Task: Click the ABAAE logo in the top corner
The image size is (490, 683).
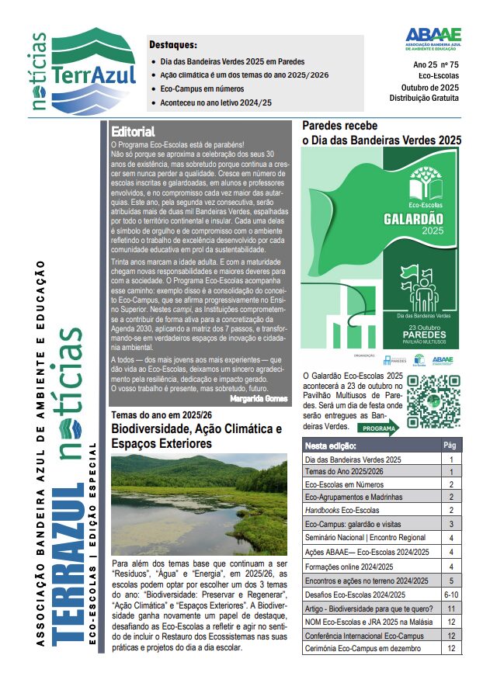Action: pyautogui.click(x=433, y=38)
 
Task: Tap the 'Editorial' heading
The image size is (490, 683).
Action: pyautogui.click(x=133, y=131)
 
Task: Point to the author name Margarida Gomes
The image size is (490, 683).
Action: pyautogui.click(x=259, y=397)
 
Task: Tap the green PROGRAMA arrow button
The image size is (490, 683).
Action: pyautogui.click(x=380, y=428)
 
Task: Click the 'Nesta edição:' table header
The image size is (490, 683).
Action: pyautogui.click(x=331, y=446)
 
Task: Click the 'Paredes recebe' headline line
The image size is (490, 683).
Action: pyautogui.click(x=339, y=126)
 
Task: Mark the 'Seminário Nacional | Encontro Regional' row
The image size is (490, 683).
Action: pyautogui.click(x=365, y=537)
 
